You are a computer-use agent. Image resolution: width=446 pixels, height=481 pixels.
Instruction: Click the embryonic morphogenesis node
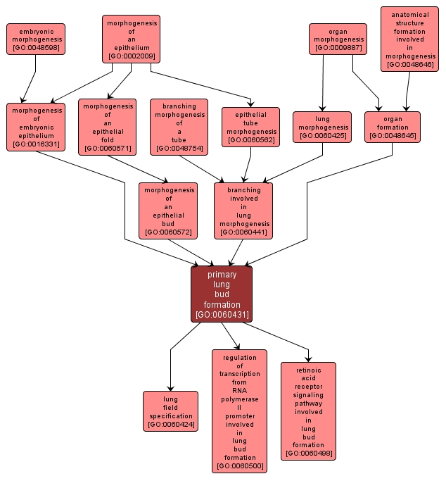click(36, 39)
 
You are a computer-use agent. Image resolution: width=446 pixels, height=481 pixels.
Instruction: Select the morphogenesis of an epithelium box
click(131, 39)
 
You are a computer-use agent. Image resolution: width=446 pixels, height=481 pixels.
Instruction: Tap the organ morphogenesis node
click(338, 39)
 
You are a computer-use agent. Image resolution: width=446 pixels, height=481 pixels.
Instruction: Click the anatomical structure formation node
click(409, 39)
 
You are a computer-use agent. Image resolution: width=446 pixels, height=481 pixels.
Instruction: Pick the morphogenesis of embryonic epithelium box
click(36, 127)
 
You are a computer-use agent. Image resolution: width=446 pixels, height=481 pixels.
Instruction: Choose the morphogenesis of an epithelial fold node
click(107, 127)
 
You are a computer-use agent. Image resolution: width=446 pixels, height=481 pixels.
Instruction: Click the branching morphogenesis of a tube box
click(179, 127)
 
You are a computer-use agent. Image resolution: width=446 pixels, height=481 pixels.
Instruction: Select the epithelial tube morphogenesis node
click(250, 127)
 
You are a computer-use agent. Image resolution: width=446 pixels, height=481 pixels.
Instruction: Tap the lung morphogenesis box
click(322, 127)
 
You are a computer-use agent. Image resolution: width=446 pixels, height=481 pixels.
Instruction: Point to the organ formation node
click(393, 127)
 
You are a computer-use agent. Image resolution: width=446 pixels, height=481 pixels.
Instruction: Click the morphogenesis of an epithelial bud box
click(168, 211)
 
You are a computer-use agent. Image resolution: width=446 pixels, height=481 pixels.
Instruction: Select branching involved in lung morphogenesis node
click(243, 211)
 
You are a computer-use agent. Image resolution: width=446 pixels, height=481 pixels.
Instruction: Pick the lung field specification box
click(170, 411)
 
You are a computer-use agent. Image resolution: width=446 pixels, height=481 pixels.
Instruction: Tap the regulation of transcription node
click(240, 411)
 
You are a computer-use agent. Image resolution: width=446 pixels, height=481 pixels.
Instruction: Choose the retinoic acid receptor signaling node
click(308, 411)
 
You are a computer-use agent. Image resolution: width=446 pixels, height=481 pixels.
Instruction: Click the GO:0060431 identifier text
click(222, 314)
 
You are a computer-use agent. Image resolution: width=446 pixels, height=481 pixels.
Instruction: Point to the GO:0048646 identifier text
click(409, 64)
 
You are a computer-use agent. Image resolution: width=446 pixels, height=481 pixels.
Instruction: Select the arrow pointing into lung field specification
click(170, 366)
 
